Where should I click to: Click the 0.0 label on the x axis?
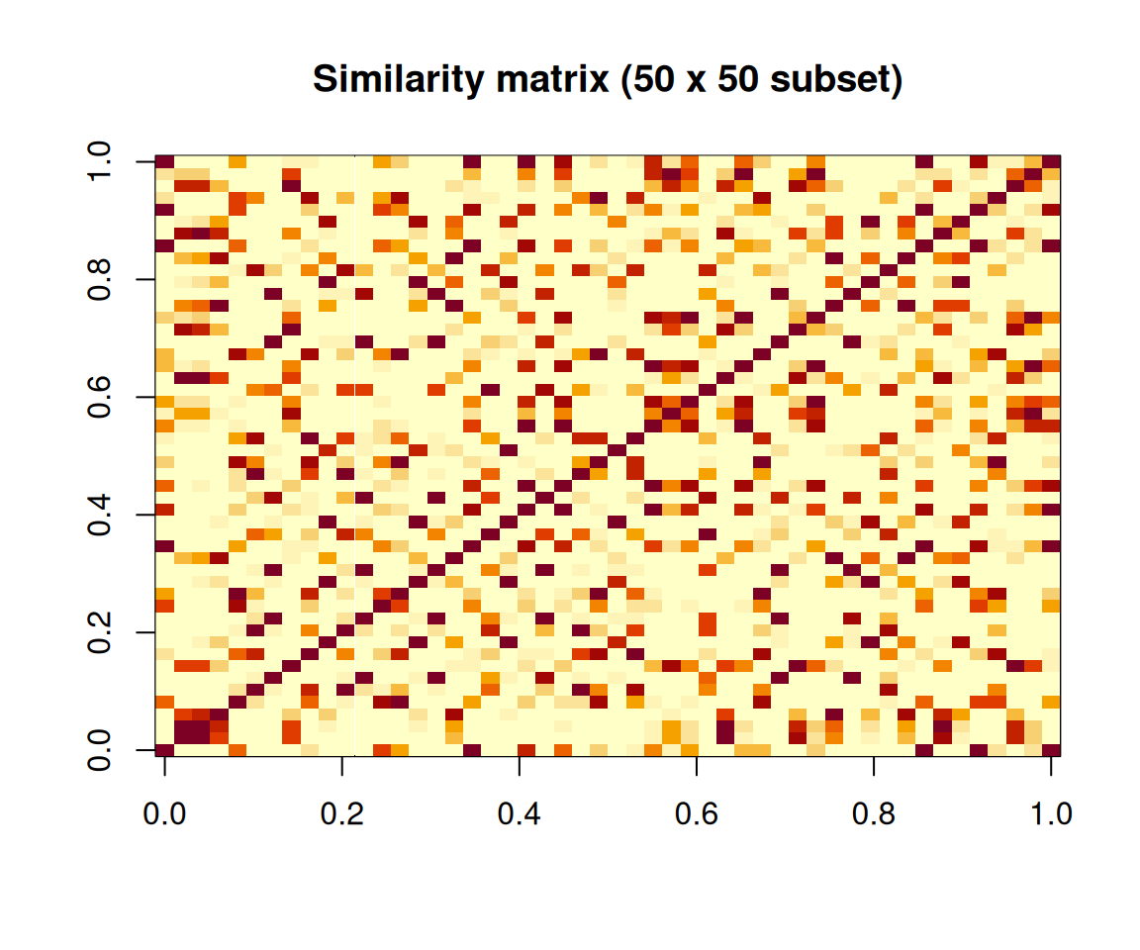pyautogui.click(x=164, y=814)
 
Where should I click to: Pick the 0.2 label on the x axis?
pyautogui.click(x=341, y=814)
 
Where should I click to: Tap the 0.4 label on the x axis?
pyautogui.click(x=519, y=814)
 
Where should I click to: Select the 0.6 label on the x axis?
pyautogui.click(x=696, y=814)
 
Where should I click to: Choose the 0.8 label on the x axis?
pyautogui.click(x=873, y=814)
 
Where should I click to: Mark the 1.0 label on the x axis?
pyautogui.click(x=1050, y=814)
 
